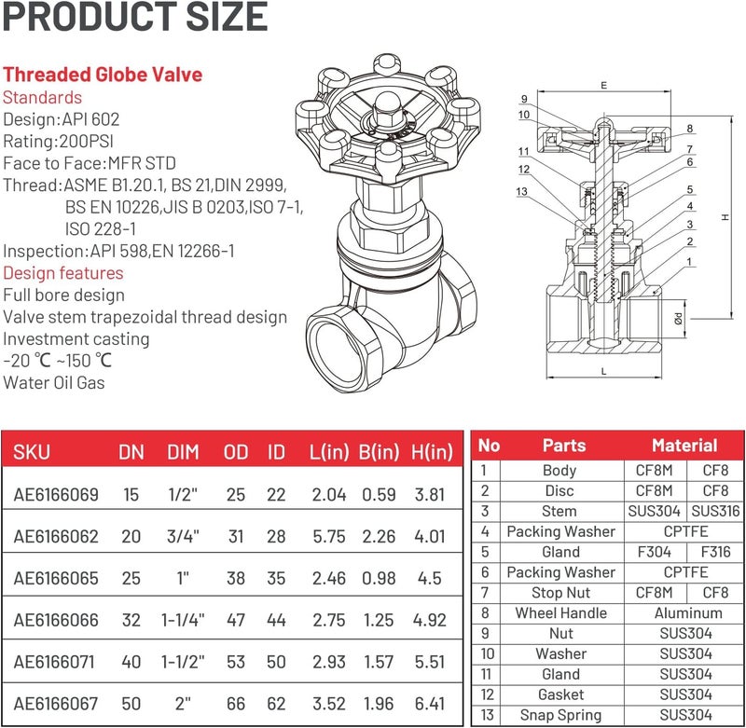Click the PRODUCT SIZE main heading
pos(135,18)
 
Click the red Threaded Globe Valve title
pos(103,75)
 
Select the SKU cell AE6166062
pos(56,536)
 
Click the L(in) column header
pos(328,452)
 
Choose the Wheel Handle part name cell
pos(560,613)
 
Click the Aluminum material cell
pos(688,613)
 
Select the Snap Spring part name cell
pos(560,715)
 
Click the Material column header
pos(684,446)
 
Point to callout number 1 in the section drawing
pos(689,263)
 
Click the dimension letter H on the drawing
pos(725,217)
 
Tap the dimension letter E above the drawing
pos(604,85)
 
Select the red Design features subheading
pos(62,273)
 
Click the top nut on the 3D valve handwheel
pos(385,120)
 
